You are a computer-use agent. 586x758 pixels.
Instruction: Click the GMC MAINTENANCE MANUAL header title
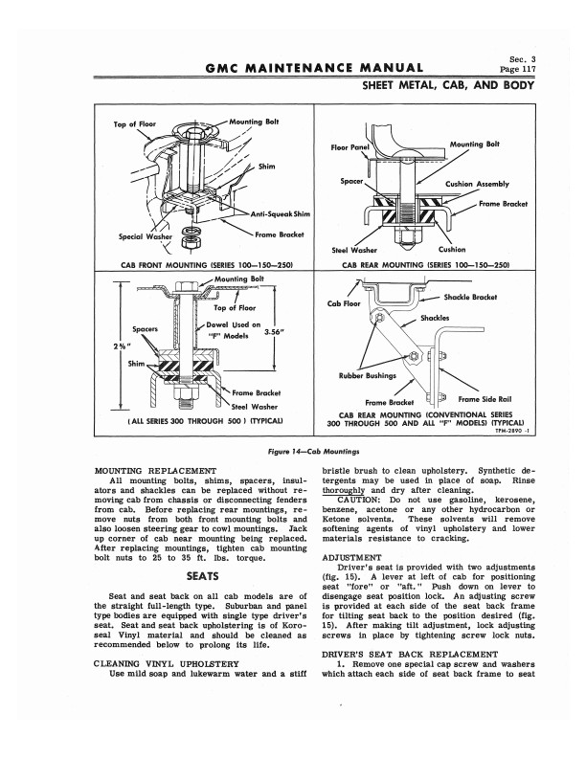click(x=314, y=68)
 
